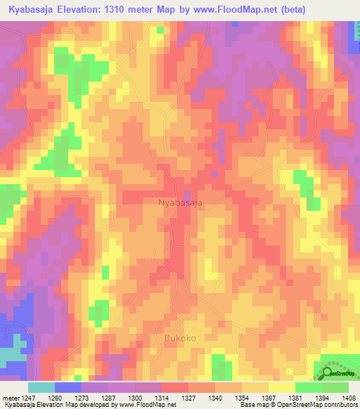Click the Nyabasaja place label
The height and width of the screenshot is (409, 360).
click(x=181, y=203)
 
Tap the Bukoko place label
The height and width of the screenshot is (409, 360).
click(x=180, y=339)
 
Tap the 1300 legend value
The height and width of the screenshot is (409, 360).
click(x=135, y=398)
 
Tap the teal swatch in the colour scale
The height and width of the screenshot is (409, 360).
click(x=41, y=387)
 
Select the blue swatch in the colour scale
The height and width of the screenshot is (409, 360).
click(x=68, y=387)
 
